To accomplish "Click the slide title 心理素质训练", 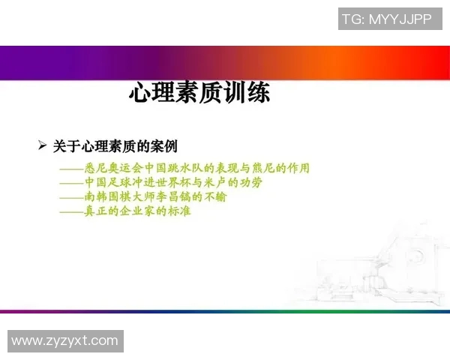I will pos(199,94).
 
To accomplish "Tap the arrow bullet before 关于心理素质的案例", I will pos(43,145).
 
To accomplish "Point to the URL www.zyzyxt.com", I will pos(65,341).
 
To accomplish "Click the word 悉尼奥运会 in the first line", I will pos(111,168).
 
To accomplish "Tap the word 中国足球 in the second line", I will pos(105,182).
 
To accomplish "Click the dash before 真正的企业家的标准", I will pos(72,211).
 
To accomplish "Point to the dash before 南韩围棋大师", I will pos(72,197).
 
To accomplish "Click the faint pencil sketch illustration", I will pos(375,262).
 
